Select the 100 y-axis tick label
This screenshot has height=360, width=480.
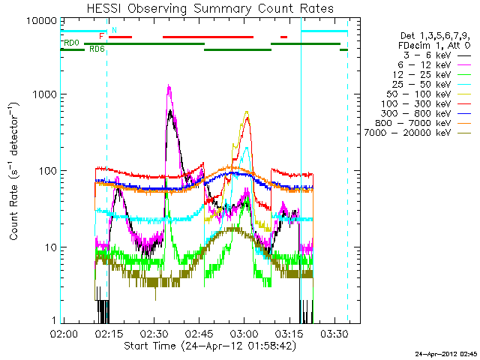tap(46, 171)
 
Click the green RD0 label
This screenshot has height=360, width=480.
tap(72, 43)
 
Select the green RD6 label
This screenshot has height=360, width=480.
tap(97, 49)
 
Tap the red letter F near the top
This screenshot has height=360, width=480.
tap(102, 35)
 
